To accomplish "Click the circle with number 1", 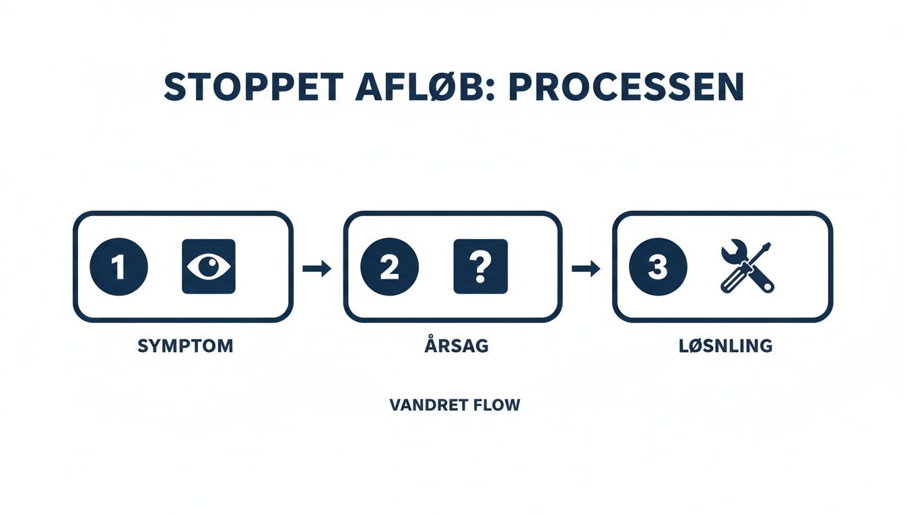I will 119,267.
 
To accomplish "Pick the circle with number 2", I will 389,267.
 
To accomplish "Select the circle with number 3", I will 657,267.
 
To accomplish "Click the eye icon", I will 209,267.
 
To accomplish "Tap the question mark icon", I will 480,267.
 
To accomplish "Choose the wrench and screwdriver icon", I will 747,267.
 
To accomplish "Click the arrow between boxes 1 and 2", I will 317,269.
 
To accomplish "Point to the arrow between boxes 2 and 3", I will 586,269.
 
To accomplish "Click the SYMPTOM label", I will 185,346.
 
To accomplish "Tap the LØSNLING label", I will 726,346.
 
